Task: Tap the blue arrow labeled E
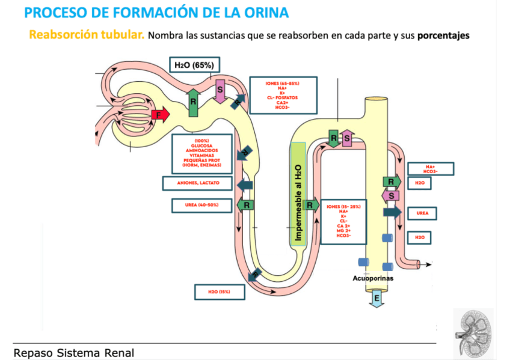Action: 377,299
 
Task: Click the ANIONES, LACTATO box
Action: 198,182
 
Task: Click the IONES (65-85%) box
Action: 283,95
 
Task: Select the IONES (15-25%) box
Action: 343,221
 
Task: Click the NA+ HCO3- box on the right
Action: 430,169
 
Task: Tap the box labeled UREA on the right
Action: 422,213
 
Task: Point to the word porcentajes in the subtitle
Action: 443,35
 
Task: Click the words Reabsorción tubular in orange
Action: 87,35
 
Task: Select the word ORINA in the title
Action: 262,13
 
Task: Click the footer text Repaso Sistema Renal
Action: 74,353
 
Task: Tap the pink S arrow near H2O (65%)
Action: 220,91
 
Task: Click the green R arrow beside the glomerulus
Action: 194,101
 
